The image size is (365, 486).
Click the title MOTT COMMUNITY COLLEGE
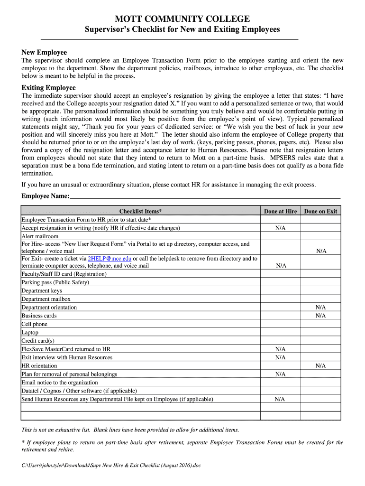pyautogui.click(x=182, y=19)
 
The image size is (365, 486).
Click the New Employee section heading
pyautogui.click(x=44, y=52)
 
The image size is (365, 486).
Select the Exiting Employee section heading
pyautogui.click(x=48, y=88)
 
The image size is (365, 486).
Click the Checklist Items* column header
pyautogui.click(x=140, y=211)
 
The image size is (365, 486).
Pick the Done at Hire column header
pyautogui.click(x=281, y=211)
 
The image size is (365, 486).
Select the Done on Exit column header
pyautogui.click(x=321, y=211)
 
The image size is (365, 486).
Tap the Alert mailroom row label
pyautogui.click(x=40, y=236)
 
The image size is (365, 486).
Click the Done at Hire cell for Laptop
pyautogui.click(x=281, y=333)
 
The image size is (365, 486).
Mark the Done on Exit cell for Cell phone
pyautogui.click(x=321, y=324)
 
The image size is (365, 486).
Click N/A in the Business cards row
pyautogui.click(x=321, y=316)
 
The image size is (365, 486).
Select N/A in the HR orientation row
pyautogui.click(x=321, y=366)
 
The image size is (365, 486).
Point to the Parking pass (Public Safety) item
pyautogui.click(x=55, y=282)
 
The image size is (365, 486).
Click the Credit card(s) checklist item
pyautogui.click(x=38, y=341)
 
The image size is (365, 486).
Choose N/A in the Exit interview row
pyautogui.click(x=281, y=357)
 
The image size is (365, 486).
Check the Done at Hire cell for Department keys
pyautogui.click(x=281, y=291)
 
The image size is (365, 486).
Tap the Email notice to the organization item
pyautogui.click(x=60, y=383)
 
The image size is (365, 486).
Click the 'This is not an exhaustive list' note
pyautogui.click(x=130, y=430)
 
